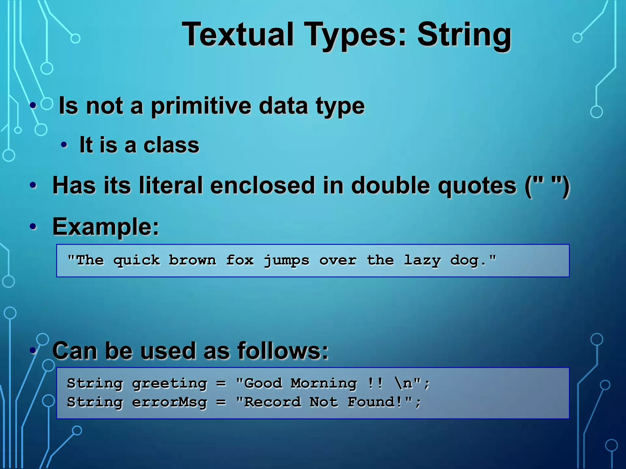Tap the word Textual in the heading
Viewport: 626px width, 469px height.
[238, 34]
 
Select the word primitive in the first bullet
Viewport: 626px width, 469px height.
[201, 106]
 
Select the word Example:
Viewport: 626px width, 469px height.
[106, 227]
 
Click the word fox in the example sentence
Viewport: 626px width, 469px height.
[240, 260]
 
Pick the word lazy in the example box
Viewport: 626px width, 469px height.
[422, 260]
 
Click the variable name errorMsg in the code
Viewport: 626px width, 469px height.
[170, 402]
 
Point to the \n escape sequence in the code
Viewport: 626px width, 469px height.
[403, 383]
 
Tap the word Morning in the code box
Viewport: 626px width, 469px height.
[323, 383]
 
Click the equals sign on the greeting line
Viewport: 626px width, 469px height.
[221, 384]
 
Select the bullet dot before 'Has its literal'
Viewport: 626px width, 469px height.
[33, 185]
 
